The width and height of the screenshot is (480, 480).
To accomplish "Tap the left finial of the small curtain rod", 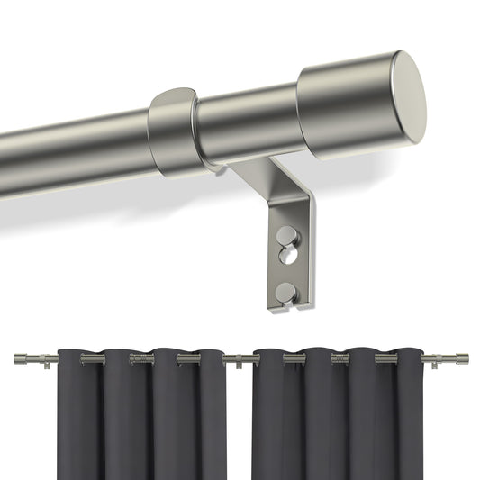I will (21, 360).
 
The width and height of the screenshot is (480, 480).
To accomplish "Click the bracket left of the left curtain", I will (42, 361).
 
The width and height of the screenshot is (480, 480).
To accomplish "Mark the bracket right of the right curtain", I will (438, 361).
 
